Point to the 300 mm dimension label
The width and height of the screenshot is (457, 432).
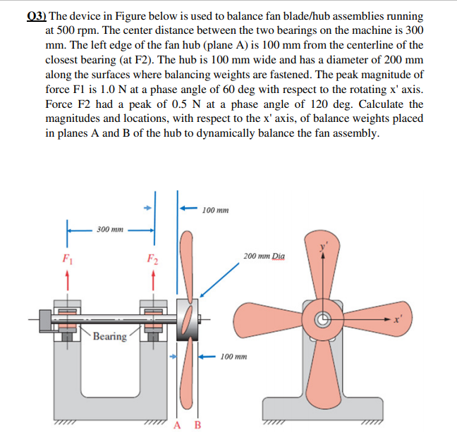pyautogui.click(x=110, y=229)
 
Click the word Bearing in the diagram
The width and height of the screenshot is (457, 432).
pyautogui.click(x=109, y=336)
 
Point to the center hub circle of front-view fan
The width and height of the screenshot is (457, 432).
pyautogui.click(x=324, y=319)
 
